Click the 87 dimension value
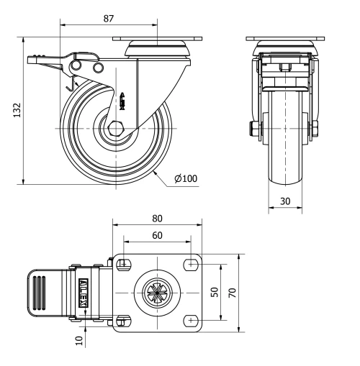pos(108,16)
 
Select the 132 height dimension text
pos(16,109)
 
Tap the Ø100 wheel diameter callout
pos(186,178)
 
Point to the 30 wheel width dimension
pos(285,201)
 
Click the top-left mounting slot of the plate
pos(123,264)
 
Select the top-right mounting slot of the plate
pos(191,264)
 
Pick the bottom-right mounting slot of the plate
pos(191,319)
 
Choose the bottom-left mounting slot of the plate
pos(123,319)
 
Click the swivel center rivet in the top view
pos(156,292)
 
